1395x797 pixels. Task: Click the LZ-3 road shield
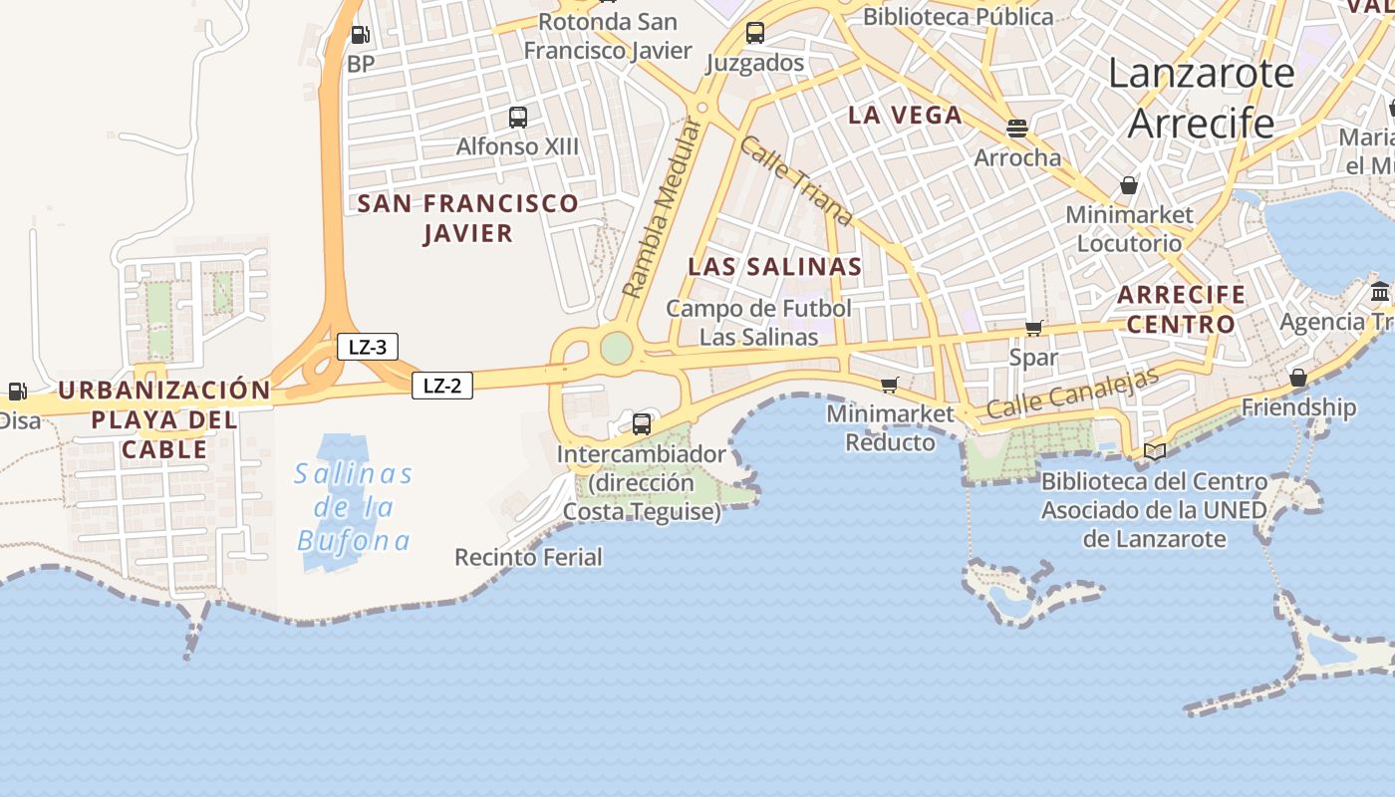pos(368,348)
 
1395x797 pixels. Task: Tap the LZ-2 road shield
pos(442,386)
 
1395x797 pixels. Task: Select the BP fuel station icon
pos(361,36)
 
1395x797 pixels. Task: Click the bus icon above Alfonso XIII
pos(518,118)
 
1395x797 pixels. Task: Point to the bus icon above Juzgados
pos(755,33)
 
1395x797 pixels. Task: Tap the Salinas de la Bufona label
pos(354,507)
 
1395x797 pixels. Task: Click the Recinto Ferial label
pos(528,557)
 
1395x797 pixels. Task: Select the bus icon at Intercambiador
pos(642,423)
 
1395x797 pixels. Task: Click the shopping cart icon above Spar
pos(1034,328)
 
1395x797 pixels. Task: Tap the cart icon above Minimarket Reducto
pos(890,385)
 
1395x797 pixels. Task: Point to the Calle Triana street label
pos(797,180)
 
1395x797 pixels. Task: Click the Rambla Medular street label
pos(662,208)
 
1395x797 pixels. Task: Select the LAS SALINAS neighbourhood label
pos(774,267)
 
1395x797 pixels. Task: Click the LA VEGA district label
pos(905,115)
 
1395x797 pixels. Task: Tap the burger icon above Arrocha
pos(1016,129)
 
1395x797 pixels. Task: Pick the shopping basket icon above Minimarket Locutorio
pos(1129,185)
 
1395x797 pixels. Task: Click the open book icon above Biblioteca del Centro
pos(1155,451)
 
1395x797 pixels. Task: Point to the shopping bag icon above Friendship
pos(1297,378)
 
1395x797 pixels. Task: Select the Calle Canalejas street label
pos(1073,394)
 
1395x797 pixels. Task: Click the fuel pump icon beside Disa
pos(17,392)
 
